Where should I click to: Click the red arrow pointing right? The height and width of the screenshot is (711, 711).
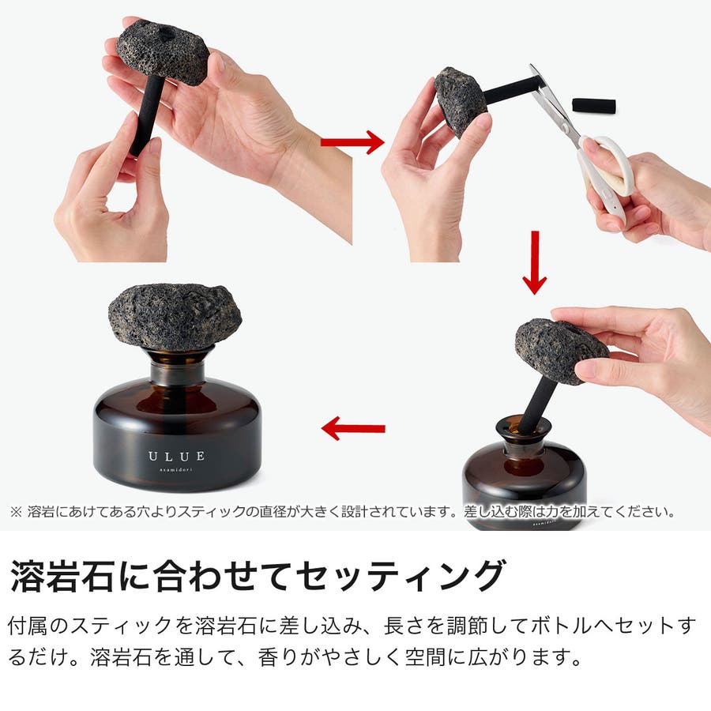pos(352,142)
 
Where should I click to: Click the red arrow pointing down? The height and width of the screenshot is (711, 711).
pos(535,262)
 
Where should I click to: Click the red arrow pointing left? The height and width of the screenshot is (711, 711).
pos(353,428)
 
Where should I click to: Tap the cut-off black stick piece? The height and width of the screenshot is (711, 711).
pos(593,106)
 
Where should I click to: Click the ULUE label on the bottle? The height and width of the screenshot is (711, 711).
pos(176,456)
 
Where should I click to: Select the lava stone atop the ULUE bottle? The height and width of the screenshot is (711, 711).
pos(175,317)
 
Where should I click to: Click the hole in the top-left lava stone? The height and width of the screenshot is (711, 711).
pos(167,32)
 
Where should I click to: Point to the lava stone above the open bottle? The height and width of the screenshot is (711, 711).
pos(561,350)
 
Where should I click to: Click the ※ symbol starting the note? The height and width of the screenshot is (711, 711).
pos(16,513)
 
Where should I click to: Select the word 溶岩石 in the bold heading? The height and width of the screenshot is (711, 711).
pos(61,576)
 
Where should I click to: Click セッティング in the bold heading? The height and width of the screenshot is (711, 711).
pos(400,576)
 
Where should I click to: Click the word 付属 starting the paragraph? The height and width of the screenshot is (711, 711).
pos(28,626)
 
